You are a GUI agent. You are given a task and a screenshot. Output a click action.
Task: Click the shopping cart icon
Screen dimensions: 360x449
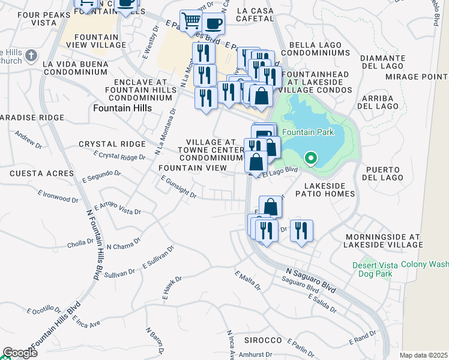(191, 21)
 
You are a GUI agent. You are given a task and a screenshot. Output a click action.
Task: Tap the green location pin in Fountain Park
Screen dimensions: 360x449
(310, 158)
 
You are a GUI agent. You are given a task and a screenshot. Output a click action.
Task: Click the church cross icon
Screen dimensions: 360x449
(31, 55)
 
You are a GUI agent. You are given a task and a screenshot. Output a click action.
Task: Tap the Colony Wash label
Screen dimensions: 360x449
(424, 264)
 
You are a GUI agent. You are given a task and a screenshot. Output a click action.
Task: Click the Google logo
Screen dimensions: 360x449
(19, 353)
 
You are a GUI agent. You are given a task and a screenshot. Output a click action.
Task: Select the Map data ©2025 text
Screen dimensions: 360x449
(423, 355)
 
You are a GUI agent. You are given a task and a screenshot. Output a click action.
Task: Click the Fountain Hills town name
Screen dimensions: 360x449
(122, 107)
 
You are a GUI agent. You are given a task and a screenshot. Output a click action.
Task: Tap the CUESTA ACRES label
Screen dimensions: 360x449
(34, 173)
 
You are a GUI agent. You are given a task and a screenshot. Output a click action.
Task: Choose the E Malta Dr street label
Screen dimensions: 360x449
(248, 280)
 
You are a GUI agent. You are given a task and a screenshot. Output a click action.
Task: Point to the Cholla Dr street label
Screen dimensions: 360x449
(80, 244)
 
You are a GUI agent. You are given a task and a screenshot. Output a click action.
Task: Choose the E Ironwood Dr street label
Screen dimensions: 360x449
(58, 196)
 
